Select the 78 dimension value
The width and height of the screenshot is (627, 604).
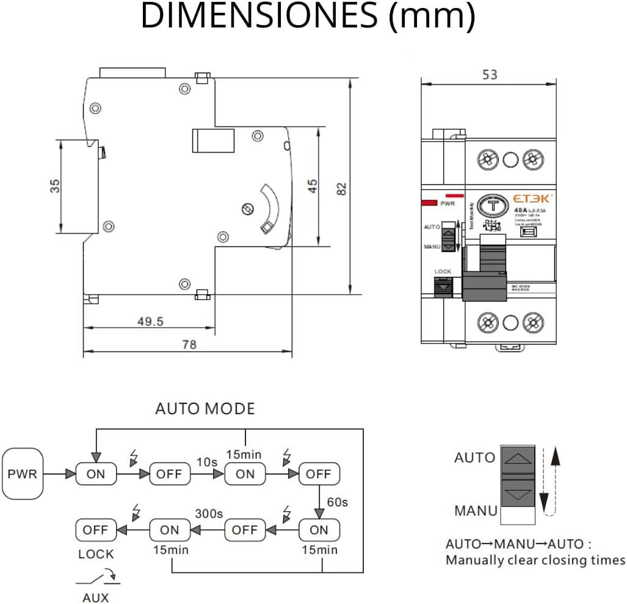point(189,345)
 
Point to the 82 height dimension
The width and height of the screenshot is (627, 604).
point(342,189)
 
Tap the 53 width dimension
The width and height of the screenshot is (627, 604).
point(490,74)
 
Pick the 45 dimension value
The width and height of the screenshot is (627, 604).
point(312,186)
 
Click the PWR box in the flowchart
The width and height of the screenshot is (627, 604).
point(23,473)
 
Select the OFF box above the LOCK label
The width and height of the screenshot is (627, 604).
point(95,530)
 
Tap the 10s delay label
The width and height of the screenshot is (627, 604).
point(206,462)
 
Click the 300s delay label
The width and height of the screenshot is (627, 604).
point(209,514)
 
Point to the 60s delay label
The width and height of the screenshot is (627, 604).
point(337,502)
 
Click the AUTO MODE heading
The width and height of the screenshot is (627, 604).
point(205,409)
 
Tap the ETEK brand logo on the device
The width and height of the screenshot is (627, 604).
point(532,198)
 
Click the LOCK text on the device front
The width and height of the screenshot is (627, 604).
point(443,271)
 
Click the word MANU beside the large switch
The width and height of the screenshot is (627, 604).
point(476,511)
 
